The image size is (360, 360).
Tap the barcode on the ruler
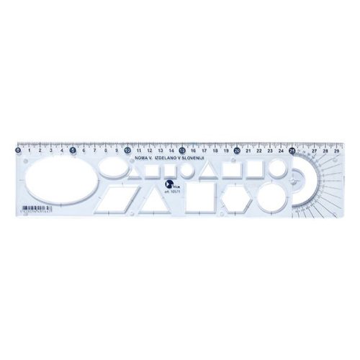tap(38, 212)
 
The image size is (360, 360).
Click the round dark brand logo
tap(170, 184)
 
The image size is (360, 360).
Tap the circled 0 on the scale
tap(18, 151)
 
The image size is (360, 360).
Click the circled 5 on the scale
tap(73, 151)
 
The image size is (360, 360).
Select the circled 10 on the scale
tap(127, 151)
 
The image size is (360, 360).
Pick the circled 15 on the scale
tap(182, 151)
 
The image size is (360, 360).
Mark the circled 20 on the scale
tap(237, 151)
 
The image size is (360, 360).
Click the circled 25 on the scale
tap(292, 151)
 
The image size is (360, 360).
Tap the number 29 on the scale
tap(336, 151)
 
